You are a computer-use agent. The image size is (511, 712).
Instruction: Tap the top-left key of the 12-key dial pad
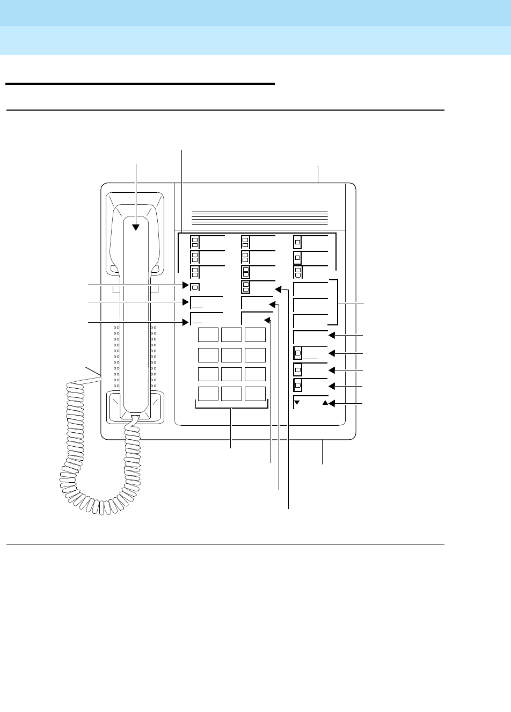coord(208,335)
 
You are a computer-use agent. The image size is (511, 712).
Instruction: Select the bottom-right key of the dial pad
coord(255,394)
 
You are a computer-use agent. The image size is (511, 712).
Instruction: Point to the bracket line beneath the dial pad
coord(231,409)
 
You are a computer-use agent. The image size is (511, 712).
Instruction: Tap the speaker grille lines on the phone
coord(260,217)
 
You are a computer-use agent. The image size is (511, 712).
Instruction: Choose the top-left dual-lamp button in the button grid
coord(195,241)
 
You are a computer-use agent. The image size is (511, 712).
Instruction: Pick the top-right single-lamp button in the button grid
coord(298,241)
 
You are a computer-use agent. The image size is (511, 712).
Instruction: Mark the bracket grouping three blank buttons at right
coord(337,302)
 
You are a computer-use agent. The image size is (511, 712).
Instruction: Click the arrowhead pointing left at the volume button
coord(332,403)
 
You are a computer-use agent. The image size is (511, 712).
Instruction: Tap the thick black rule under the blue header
coord(140,84)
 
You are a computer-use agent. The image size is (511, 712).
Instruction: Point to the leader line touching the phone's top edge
coord(318,175)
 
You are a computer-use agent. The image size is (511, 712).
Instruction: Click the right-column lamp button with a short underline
coord(298,353)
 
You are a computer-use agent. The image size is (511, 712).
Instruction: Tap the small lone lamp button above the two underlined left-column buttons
coord(195,286)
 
